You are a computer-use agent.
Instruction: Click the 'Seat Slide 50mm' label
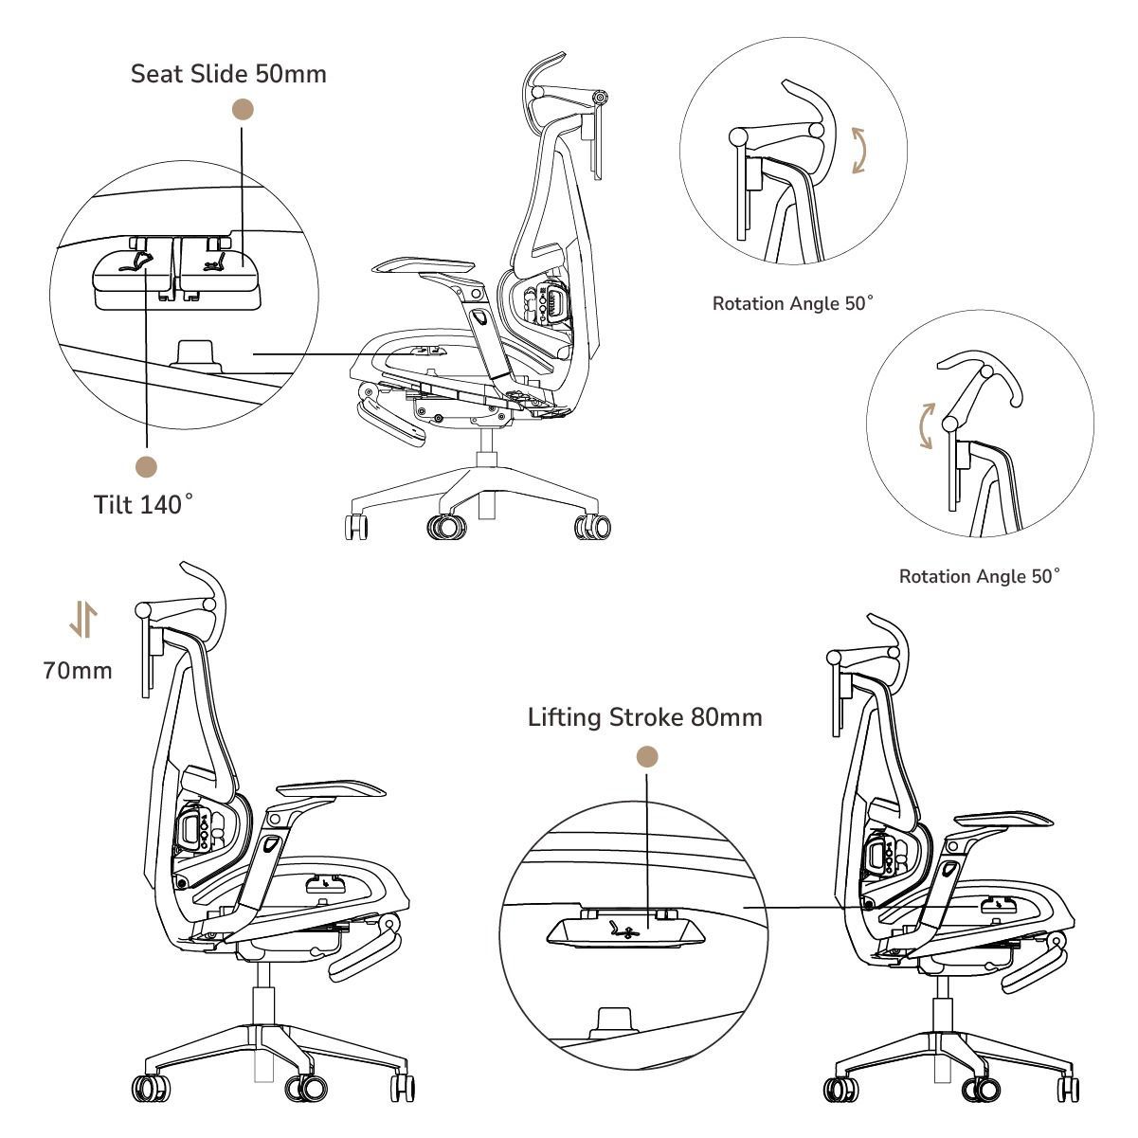coord(228,74)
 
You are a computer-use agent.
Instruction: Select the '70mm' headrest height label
coord(78,671)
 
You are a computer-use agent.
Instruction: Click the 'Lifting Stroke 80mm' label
coord(644,717)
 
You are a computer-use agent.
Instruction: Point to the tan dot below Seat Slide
coord(244,110)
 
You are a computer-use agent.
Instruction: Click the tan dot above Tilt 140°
coord(147,466)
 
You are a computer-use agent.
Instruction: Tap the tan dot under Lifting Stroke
coord(647,756)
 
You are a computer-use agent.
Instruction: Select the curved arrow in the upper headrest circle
coord(859,151)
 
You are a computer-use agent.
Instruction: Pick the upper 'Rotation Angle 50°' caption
coord(792,304)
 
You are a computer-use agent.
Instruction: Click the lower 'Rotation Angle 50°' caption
coord(979,576)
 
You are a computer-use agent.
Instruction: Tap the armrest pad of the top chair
coord(424,266)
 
